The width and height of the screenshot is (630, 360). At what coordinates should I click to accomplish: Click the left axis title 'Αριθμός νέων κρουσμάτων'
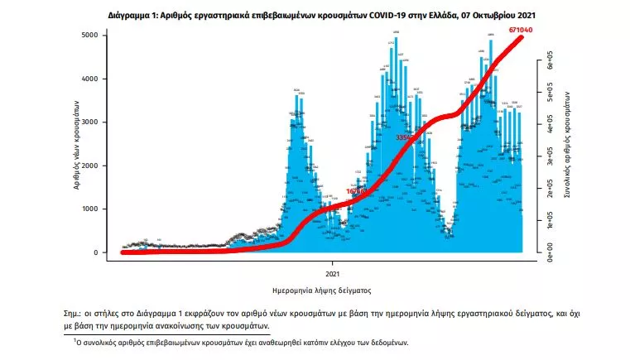click(x=77, y=144)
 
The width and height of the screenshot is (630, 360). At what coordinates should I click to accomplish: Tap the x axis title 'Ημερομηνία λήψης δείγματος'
click(x=321, y=291)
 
